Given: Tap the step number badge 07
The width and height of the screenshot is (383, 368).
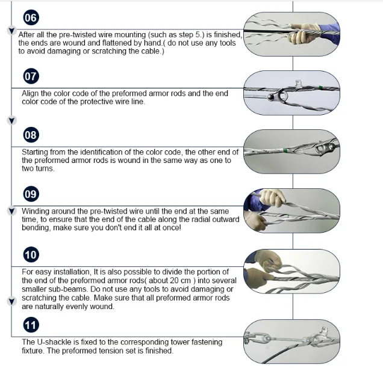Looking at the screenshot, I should click(30, 76).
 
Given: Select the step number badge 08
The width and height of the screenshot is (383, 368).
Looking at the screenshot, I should click(30, 135).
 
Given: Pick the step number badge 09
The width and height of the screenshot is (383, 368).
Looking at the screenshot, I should click(30, 194).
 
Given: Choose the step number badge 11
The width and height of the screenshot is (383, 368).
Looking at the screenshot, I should click(30, 325).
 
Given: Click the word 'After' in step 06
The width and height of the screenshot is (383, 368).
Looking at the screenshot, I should click(28, 35).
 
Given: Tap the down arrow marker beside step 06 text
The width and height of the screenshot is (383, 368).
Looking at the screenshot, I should click(11, 31).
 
